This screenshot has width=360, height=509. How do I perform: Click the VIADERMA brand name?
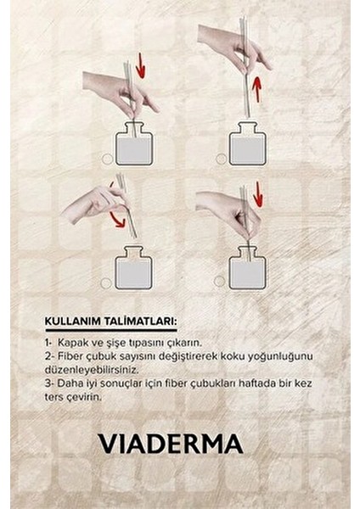[171, 444]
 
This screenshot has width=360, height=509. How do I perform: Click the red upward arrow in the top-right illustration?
[255, 82]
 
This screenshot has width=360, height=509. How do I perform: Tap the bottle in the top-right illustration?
[248, 144]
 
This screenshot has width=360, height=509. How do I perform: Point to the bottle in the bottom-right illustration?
[248, 268]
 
